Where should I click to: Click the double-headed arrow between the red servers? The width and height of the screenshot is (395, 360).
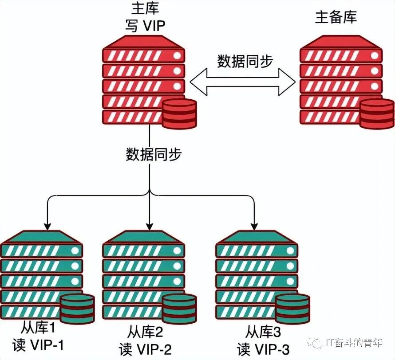tap(242, 82)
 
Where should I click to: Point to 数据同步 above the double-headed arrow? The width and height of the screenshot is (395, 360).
tap(245, 61)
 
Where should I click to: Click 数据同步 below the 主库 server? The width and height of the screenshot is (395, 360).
tap(153, 155)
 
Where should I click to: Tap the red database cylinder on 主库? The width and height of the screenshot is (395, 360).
tap(179, 114)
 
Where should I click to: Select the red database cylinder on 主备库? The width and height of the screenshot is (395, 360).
tap(376, 114)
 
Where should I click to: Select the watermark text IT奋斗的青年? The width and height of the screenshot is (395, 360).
tap(353, 343)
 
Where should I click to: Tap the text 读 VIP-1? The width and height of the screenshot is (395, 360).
tap(39, 345)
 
